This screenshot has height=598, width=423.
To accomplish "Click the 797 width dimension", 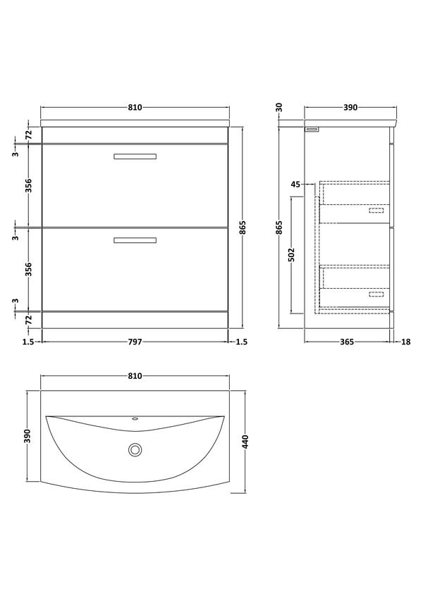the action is [x=135, y=342].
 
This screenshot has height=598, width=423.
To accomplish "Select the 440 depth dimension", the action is [x=245, y=442].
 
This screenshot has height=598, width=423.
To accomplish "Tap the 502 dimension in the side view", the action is [x=291, y=255].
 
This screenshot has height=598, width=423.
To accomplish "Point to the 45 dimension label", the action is [x=296, y=185].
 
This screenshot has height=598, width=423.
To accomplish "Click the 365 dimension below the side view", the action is [x=347, y=342].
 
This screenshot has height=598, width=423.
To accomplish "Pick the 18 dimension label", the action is [x=406, y=342].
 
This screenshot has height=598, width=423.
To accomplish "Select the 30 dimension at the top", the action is [x=279, y=107].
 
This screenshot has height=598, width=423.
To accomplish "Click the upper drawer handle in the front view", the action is [x=135, y=156].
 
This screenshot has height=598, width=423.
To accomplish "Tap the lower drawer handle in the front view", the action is [x=135, y=240].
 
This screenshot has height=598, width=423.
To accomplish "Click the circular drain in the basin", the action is [x=135, y=449].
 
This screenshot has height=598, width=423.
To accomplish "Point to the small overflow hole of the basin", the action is [x=135, y=419].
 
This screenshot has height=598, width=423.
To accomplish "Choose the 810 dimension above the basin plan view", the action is [x=135, y=376].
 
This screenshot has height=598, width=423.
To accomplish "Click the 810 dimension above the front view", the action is [x=135, y=108].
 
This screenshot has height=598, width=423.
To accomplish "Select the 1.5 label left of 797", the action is [x=28, y=342].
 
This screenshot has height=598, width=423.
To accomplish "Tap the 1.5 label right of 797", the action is [x=242, y=342].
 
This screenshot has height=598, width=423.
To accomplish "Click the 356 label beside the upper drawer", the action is [x=29, y=186].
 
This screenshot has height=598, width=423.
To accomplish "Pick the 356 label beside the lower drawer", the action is [x=29, y=270].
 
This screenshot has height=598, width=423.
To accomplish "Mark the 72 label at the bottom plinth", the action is [x=29, y=320].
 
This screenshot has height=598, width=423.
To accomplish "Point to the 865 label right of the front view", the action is [x=243, y=228].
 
